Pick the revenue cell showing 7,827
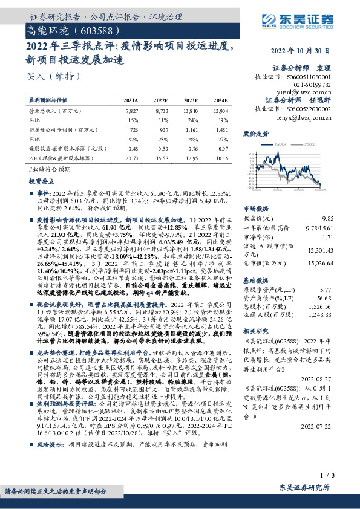click(131, 112)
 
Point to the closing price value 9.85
click(327, 216)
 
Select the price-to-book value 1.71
click(327, 239)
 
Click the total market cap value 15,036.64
click(320, 264)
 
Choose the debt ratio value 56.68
click(325, 297)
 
